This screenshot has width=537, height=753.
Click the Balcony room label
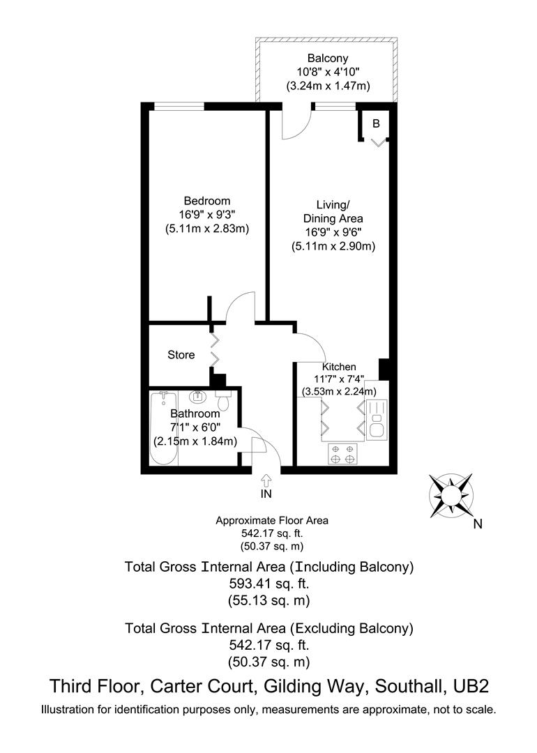click(x=327, y=59)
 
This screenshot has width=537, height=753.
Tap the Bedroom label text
click(x=202, y=201)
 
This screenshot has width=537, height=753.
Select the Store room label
click(x=181, y=355)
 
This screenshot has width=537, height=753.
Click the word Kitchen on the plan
click(x=339, y=367)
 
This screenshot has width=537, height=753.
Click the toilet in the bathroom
click(x=223, y=402)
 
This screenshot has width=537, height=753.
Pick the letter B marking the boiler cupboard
click(x=376, y=124)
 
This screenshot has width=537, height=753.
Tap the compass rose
click(x=451, y=496)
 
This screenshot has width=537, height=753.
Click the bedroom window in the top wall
click(x=179, y=107)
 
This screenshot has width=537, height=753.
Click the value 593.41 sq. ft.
click(x=268, y=583)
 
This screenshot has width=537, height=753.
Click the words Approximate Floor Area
click(x=271, y=520)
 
